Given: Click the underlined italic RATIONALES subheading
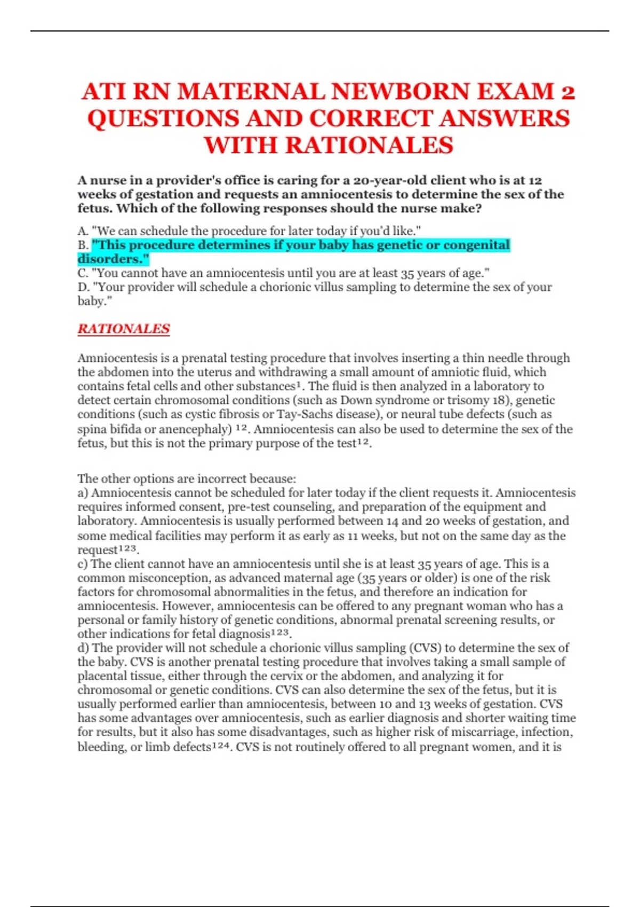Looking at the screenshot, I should (124, 329).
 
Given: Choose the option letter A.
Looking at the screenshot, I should (82, 231).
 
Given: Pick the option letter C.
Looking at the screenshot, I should (82, 273).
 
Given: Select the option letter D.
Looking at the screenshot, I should (83, 287).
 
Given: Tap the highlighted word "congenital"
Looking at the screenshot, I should (476, 245).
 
